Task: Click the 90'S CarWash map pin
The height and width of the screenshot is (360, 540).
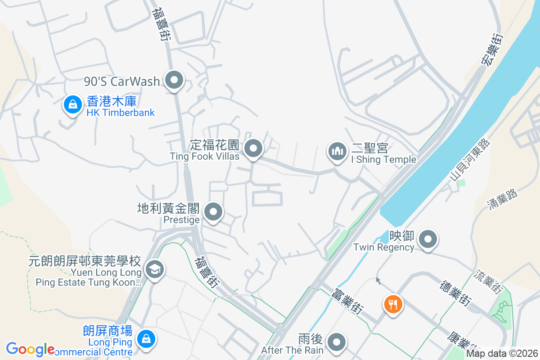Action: [x=174, y=81]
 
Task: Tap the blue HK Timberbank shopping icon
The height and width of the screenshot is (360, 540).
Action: [x=72, y=105]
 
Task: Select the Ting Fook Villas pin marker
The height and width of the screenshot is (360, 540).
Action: [x=253, y=148]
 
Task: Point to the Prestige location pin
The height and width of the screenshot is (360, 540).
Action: [x=213, y=211]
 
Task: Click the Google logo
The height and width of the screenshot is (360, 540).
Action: [x=30, y=349]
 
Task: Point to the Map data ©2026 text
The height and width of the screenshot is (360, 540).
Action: [x=502, y=354]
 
